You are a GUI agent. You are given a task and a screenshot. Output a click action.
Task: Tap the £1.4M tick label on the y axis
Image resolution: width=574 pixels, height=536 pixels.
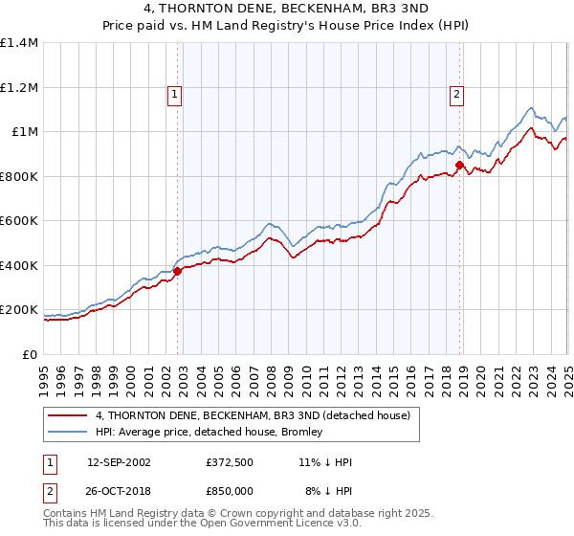20,43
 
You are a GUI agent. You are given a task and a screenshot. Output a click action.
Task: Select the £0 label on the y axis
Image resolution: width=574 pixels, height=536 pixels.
30,355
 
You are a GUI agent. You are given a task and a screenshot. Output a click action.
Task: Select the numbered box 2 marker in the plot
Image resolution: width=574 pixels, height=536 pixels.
457,94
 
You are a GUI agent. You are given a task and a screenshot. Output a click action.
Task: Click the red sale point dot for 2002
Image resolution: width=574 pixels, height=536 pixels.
178,272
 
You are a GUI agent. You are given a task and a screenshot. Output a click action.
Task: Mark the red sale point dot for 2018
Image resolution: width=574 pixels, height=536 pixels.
459,166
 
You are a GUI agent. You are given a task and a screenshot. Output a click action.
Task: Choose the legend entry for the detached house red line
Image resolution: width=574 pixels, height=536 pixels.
253,415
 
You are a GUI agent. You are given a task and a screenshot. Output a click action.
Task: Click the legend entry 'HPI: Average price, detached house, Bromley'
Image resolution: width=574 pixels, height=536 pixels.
209,433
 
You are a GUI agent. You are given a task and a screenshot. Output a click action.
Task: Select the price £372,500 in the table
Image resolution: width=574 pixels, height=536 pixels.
229,462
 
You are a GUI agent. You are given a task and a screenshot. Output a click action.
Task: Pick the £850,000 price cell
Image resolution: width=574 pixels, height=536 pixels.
229,491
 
